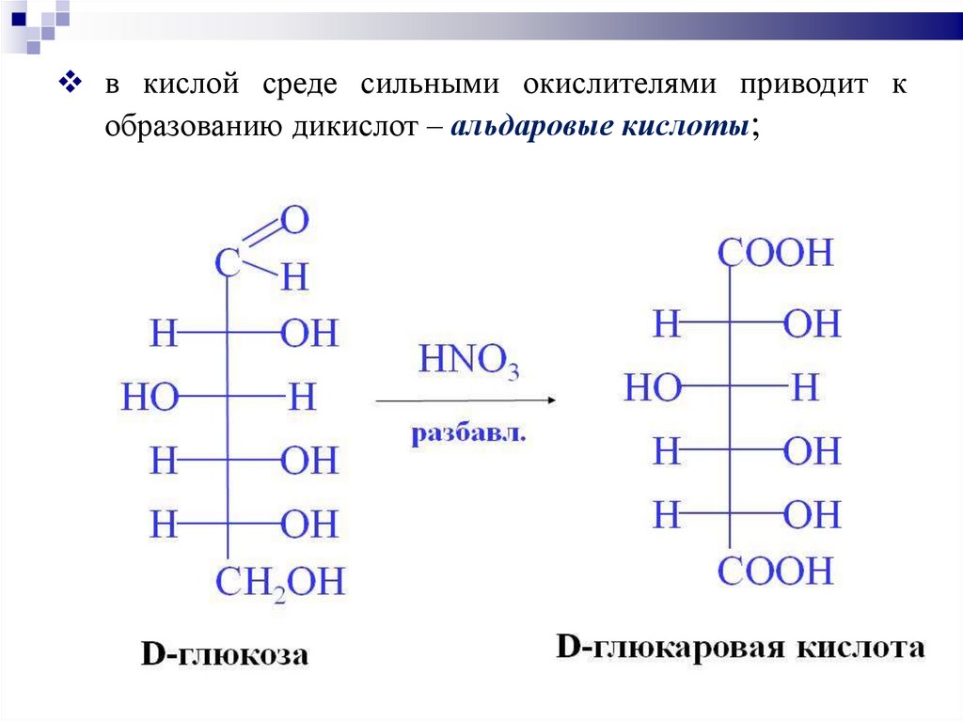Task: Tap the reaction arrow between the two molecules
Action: [x=466, y=400]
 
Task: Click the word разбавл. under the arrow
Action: [x=468, y=435]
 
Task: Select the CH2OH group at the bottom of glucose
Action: [x=280, y=582]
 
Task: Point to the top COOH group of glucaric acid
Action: [x=776, y=254]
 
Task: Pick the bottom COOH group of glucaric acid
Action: [x=776, y=571]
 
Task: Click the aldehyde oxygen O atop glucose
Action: [x=294, y=222]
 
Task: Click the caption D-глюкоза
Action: [x=225, y=654]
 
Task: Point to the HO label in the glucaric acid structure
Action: [x=653, y=387]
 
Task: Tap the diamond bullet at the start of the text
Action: [x=71, y=83]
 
